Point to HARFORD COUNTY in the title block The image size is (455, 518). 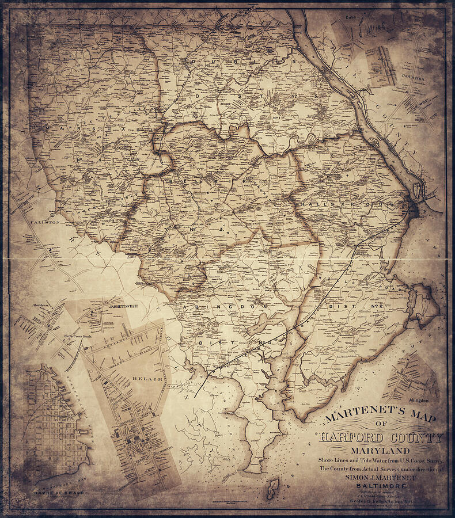pyautogui.click(x=381, y=438)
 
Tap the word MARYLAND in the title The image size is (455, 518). pyautogui.click(x=381, y=450)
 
